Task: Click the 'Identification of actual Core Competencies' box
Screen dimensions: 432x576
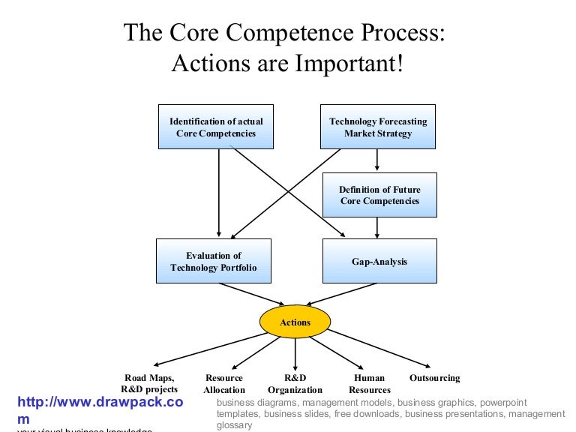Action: coord(216,127)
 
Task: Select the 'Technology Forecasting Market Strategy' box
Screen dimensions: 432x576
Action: coord(378,127)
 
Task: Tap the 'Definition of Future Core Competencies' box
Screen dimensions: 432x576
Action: coord(379,195)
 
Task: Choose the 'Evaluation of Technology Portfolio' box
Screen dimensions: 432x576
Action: coord(213,261)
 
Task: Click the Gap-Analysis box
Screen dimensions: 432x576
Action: coord(379,261)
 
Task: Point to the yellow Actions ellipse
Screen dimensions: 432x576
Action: coord(295,322)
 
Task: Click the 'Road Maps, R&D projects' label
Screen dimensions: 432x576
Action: coord(149,383)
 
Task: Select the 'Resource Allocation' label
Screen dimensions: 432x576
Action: coord(224,384)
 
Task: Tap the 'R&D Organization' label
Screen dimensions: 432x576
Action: coord(295,384)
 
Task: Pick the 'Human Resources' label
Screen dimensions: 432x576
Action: coord(370,384)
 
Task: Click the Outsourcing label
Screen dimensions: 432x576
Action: coord(435,378)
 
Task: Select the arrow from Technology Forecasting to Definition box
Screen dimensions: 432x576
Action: coord(377,160)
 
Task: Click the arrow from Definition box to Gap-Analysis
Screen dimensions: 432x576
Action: coord(377,227)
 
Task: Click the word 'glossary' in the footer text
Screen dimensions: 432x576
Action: coord(234,425)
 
